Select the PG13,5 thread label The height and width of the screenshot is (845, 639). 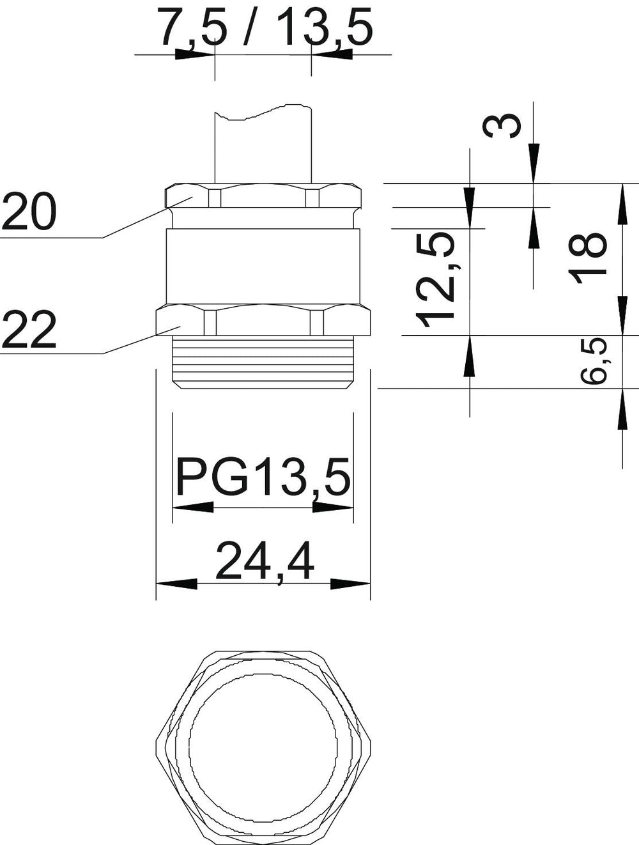point(263,477)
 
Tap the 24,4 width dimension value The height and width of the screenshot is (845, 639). point(265,562)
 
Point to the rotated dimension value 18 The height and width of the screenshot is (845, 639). point(587,258)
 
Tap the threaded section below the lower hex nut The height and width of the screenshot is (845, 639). point(263,362)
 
